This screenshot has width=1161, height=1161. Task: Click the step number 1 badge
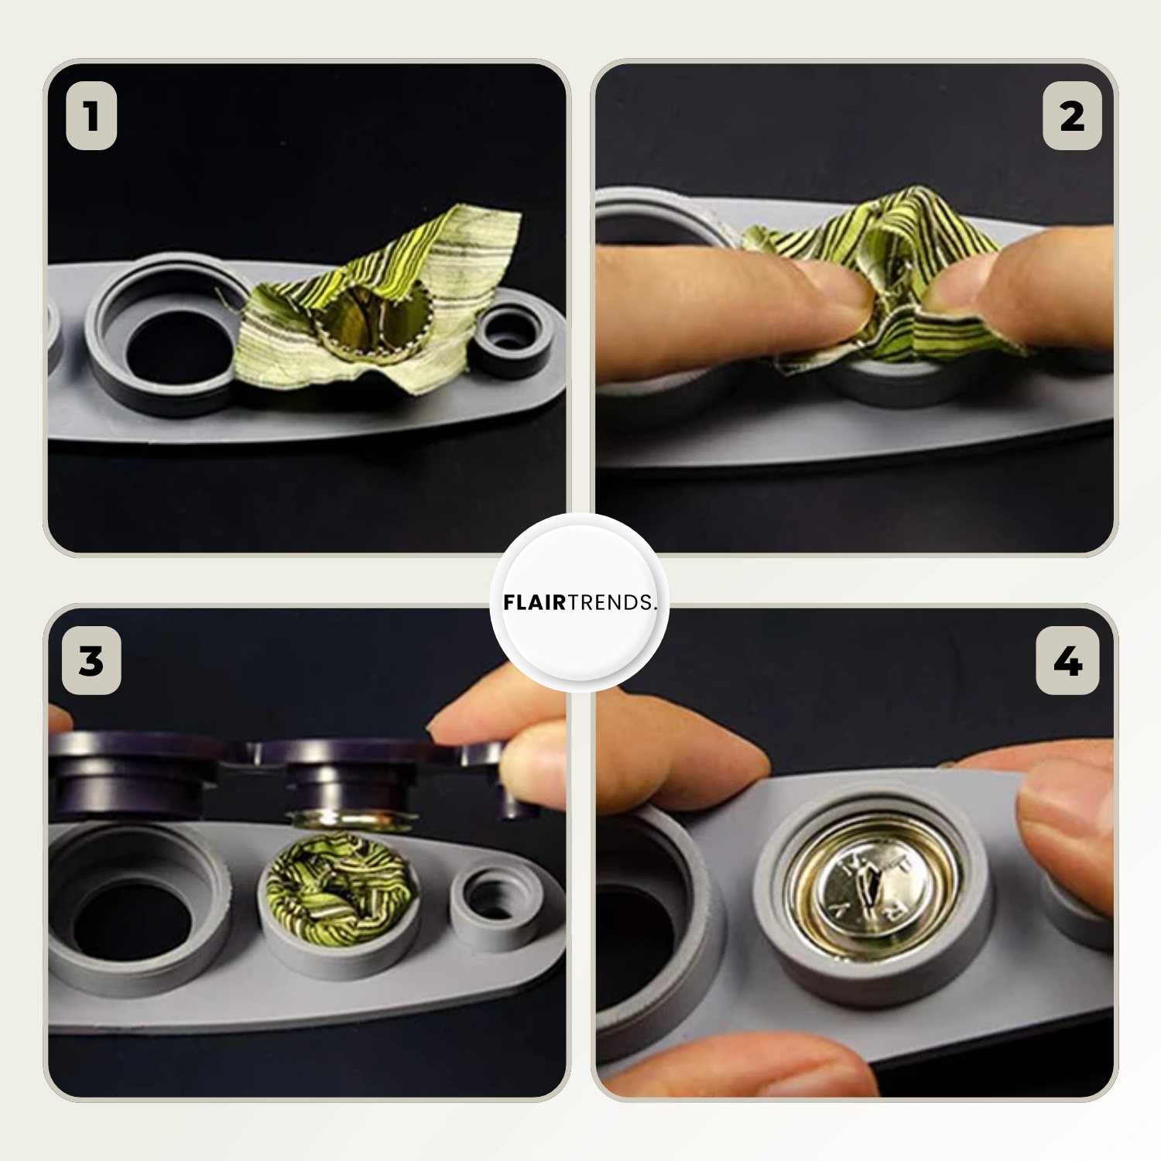tap(91, 116)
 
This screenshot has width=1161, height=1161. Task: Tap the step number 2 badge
tap(1072, 116)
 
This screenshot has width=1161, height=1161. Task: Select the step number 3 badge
tap(91, 661)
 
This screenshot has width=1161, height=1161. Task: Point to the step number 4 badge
tap(1068, 661)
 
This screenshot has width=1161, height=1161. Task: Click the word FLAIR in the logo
tap(535, 603)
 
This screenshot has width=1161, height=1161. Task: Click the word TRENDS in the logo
tap(611, 603)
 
